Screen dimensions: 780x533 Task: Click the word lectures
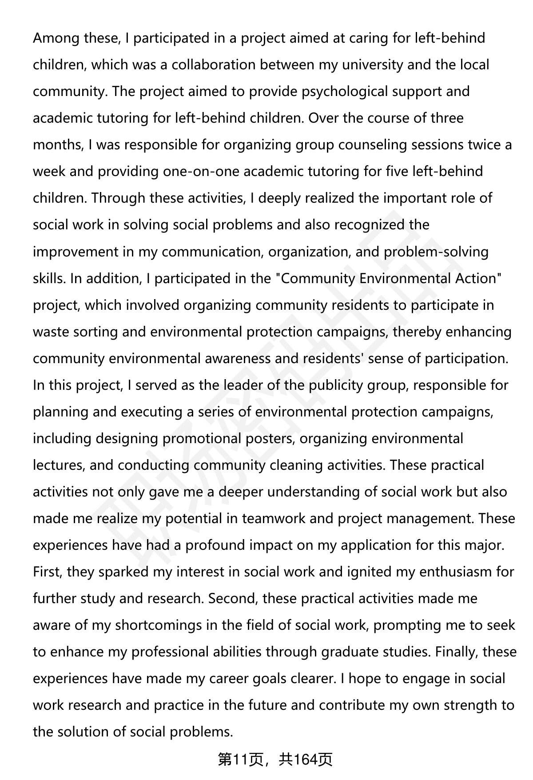(x=58, y=465)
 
